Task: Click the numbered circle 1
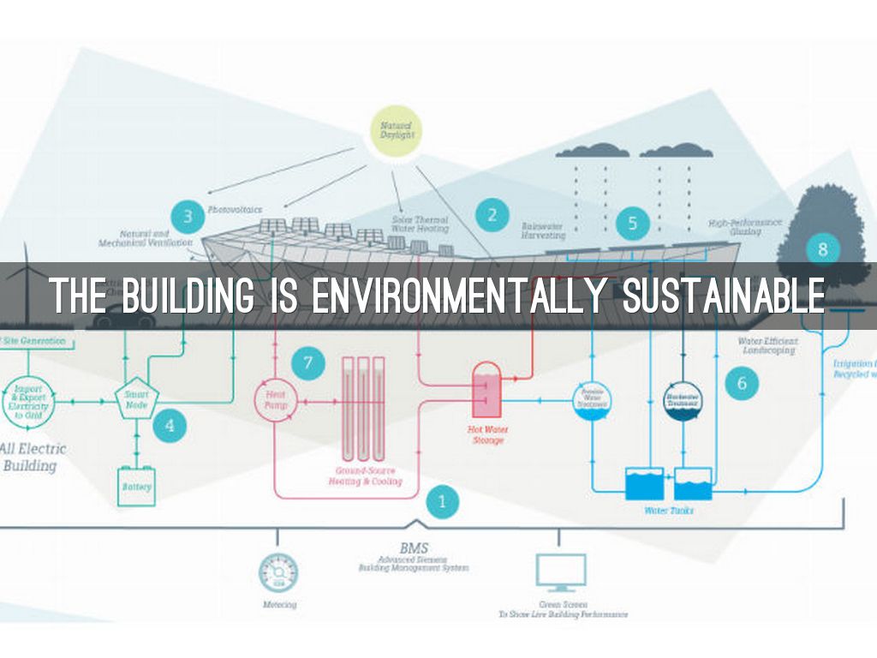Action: (443, 502)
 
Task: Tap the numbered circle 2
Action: (492, 214)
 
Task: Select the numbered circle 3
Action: (188, 215)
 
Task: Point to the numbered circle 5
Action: (633, 224)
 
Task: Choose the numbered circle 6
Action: (742, 382)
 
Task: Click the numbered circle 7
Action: (308, 362)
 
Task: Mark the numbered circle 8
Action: (822, 249)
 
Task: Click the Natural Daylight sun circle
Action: (396, 133)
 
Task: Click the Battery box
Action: (137, 486)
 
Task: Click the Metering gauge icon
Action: (278, 571)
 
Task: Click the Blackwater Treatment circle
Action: (683, 399)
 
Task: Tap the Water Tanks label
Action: (669, 511)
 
